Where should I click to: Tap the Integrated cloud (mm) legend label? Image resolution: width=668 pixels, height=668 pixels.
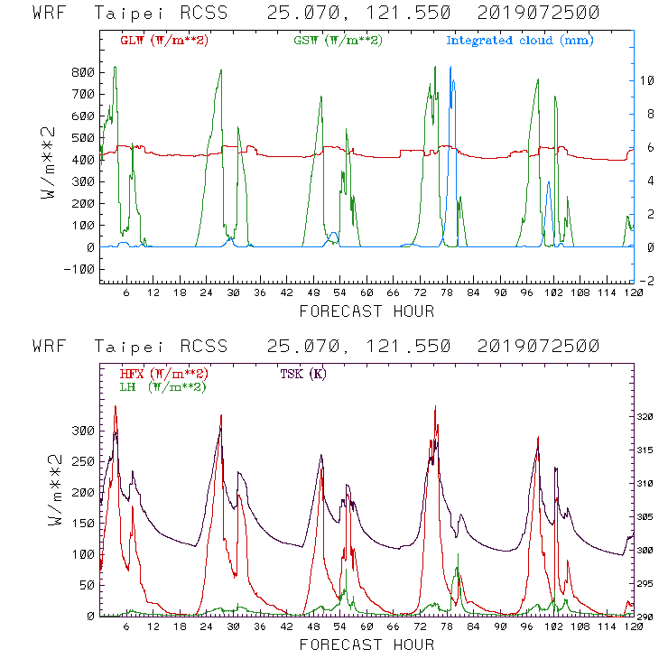pos(520,41)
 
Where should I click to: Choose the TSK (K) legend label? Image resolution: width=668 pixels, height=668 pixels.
pos(304,374)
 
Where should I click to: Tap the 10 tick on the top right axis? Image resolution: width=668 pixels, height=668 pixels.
pos(647,80)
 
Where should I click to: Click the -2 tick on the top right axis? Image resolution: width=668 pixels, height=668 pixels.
pos(647,281)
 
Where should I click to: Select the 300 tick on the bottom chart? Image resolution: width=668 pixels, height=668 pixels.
pos(83,431)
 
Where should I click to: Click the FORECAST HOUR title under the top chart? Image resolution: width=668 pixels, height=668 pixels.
pos(366,311)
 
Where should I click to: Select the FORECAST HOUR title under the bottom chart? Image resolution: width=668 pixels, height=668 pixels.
pos(366,645)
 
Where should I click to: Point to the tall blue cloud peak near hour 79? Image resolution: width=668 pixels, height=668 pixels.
pos(451,81)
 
